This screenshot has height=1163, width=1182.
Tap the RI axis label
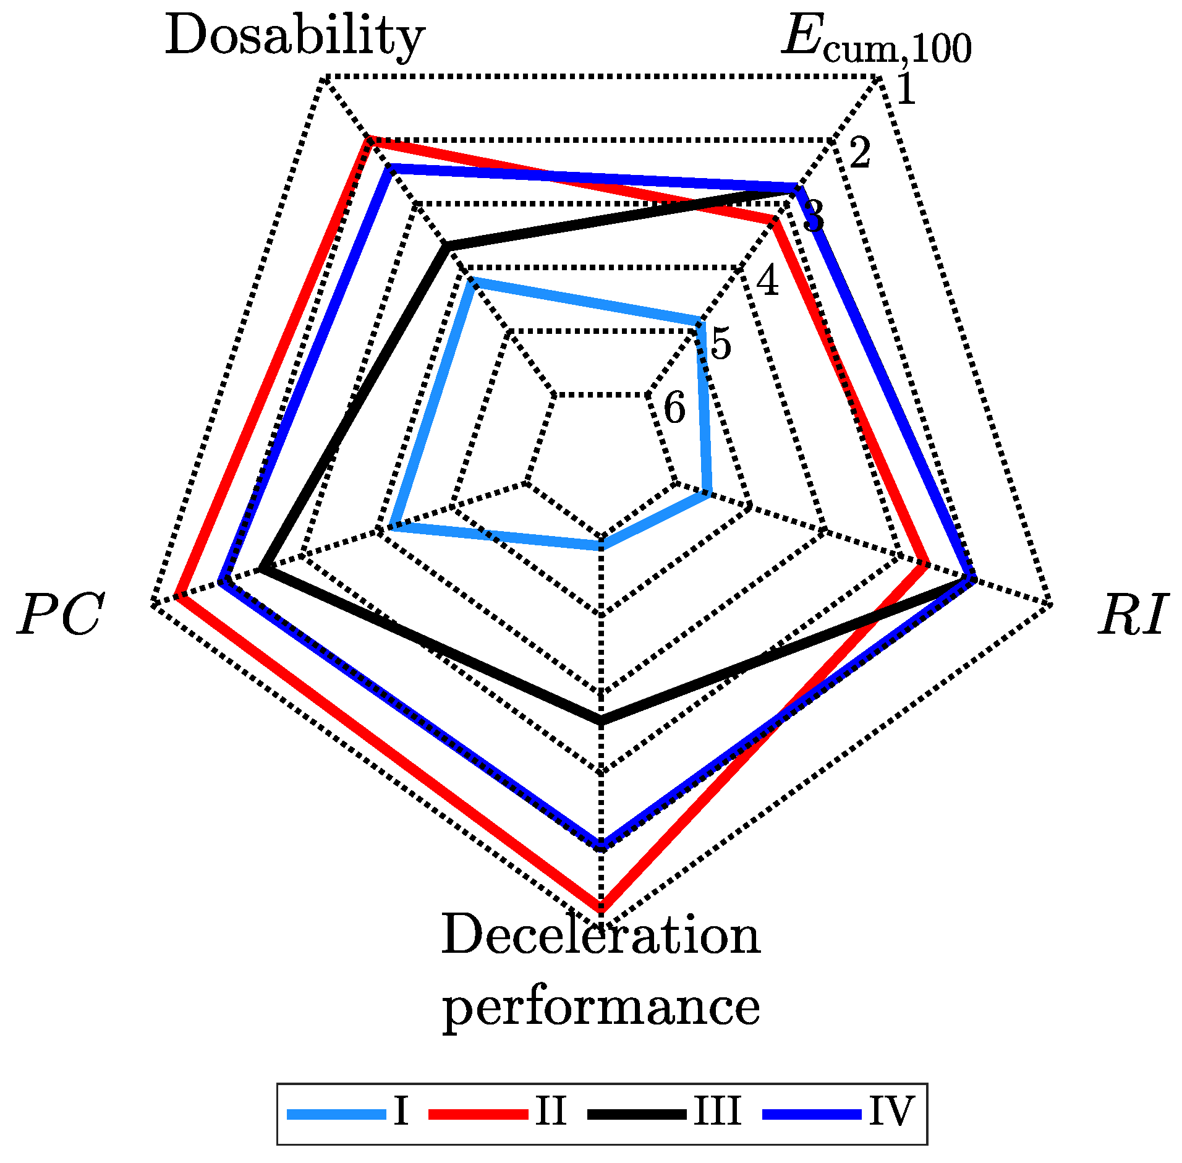point(1133,615)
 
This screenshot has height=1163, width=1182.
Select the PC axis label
point(60,615)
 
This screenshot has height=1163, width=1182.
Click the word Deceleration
point(600,935)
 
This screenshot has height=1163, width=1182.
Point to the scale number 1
point(906,88)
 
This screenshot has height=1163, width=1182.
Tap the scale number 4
point(768,280)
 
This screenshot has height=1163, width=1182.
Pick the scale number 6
point(674,408)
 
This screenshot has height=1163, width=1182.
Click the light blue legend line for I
point(336,1114)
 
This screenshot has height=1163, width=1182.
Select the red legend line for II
point(478,1114)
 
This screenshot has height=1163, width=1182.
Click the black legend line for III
point(637,1114)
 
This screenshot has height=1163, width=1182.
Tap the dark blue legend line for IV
point(812,1114)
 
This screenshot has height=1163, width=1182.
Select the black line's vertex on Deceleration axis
point(600,720)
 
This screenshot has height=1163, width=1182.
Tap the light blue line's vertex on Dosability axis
point(472,281)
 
